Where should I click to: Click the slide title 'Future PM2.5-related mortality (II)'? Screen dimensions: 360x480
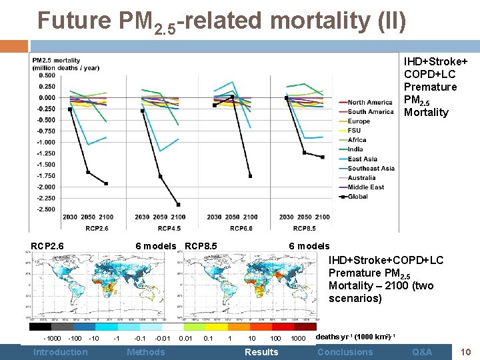[x=221, y=21]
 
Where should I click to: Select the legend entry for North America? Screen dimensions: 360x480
[x=370, y=103]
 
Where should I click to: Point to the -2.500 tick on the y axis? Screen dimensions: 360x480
[x=46, y=209]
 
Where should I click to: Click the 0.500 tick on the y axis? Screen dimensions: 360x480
[x=47, y=75]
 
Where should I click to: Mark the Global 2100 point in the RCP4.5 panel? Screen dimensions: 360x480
[x=178, y=205]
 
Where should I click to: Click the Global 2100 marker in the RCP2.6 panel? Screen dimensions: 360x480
[x=106, y=183]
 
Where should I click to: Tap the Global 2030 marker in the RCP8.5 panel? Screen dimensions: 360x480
[x=286, y=98]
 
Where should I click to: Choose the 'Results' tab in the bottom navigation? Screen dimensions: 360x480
[x=261, y=352]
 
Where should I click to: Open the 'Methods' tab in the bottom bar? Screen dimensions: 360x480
[x=145, y=352]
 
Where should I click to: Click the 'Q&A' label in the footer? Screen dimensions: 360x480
[x=422, y=352]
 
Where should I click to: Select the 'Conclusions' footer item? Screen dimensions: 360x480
[x=345, y=352]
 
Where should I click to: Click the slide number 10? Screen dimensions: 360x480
[x=465, y=351]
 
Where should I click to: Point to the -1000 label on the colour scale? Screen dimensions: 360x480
[x=52, y=339]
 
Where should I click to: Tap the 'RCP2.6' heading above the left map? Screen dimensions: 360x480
[x=47, y=246]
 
